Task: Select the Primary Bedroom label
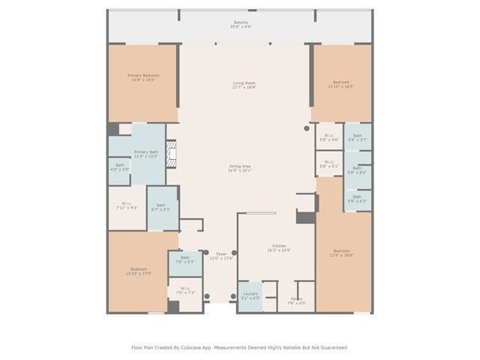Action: pos(143,77)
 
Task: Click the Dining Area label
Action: pos(240,168)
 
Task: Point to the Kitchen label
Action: pos(278,248)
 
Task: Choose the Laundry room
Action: pos(250,295)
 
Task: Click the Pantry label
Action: pos(297,300)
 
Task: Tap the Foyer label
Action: pos(221,256)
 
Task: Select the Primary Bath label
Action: pos(146,154)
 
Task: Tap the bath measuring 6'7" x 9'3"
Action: pos(161,207)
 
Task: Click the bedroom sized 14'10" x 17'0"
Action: pos(139,271)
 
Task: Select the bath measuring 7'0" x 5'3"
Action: pos(185,259)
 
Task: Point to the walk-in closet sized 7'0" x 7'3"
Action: pos(185,290)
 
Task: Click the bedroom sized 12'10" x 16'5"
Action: pos(341,84)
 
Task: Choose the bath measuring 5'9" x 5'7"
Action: pos(357,137)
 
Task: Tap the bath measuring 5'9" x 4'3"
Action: pos(357,199)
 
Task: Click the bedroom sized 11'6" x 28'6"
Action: pos(341,253)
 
